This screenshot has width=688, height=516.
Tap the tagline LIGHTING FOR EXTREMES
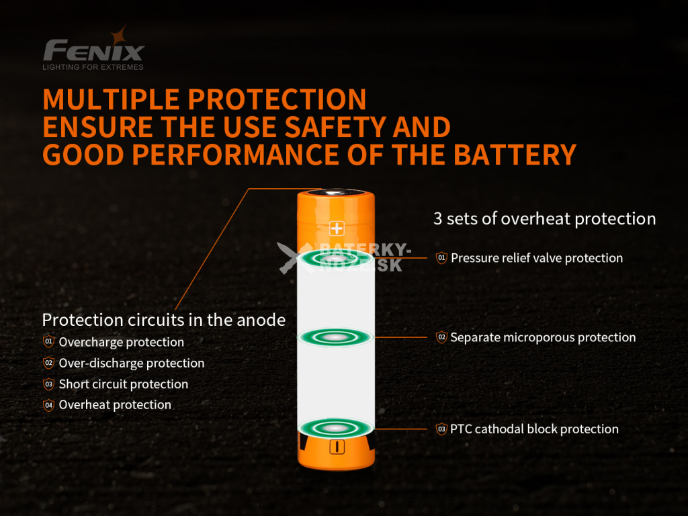(x=93, y=67)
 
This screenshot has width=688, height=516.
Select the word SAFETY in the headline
(x=335, y=127)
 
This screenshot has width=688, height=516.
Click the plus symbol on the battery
(x=337, y=228)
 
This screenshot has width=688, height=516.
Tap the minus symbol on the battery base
(x=337, y=447)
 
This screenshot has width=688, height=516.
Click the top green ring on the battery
(x=335, y=259)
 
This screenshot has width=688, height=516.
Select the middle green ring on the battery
(x=335, y=337)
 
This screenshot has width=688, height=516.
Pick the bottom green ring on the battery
(x=335, y=428)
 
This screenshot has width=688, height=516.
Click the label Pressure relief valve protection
(x=537, y=258)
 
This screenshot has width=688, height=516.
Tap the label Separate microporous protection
(x=543, y=337)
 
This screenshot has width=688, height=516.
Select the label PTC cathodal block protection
(x=534, y=429)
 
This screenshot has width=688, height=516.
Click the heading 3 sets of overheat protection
(x=544, y=218)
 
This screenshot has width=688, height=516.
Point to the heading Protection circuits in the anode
(x=164, y=320)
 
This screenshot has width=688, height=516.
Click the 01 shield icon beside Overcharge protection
(x=48, y=341)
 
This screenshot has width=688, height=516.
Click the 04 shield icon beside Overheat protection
(x=48, y=404)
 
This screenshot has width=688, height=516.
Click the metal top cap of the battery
(x=336, y=192)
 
